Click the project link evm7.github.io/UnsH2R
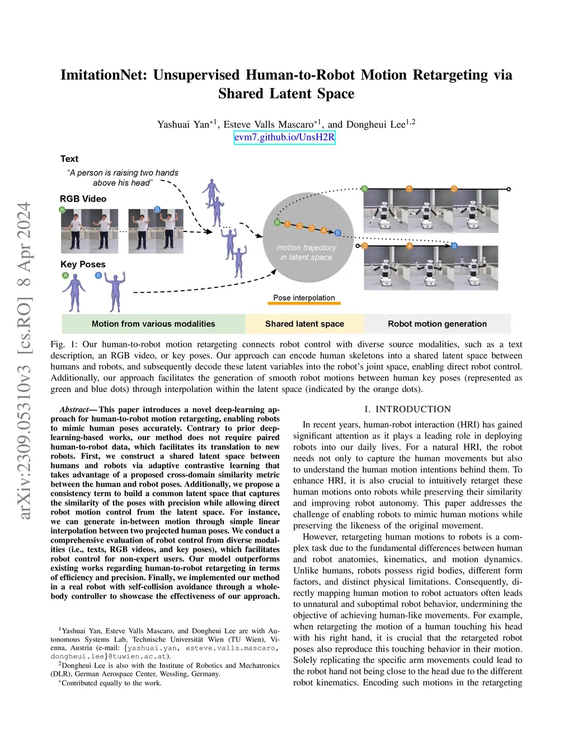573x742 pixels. coord(284,137)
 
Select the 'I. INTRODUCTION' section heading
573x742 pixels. coord(407,409)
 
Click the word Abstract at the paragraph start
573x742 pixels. coord(74,409)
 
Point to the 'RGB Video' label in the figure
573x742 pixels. coord(83,199)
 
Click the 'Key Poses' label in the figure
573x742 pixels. coord(83,264)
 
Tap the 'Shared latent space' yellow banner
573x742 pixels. coord(304,324)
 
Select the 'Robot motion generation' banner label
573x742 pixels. coord(437,324)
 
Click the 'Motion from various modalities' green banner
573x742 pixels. coord(153,324)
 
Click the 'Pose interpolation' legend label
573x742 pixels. coord(304,298)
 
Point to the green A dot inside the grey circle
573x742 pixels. coord(277,222)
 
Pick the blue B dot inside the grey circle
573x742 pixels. coord(337,232)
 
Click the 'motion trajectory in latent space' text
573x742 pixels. coord(306,253)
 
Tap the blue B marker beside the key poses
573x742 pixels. coord(98,276)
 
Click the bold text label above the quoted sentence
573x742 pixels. coord(69,159)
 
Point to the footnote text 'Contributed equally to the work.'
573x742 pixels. coord(111,683)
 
